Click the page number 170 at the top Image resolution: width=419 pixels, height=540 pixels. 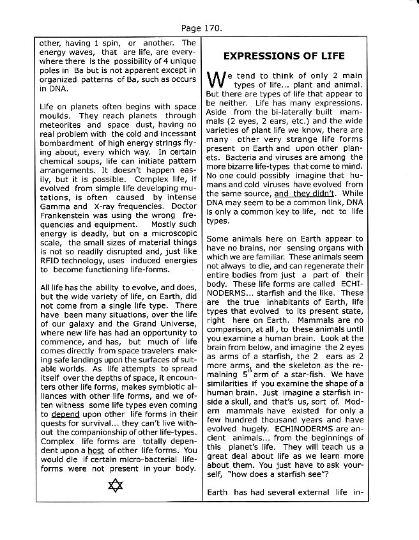point(209,29)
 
